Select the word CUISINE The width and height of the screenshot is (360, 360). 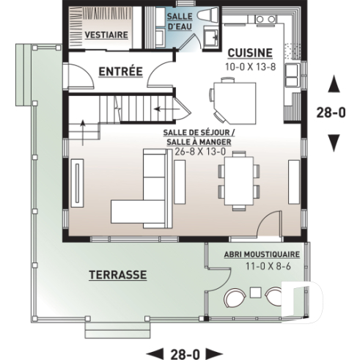(x=250, y=53)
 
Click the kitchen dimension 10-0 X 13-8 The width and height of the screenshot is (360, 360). (x=250, y=65)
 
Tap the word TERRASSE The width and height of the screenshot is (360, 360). (x=117, y=275)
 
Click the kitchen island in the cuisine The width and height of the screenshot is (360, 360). (x=234, y=101)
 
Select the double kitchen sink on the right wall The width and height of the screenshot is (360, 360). (x=293, y=74)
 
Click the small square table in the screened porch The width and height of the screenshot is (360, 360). (x=254, y=293)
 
